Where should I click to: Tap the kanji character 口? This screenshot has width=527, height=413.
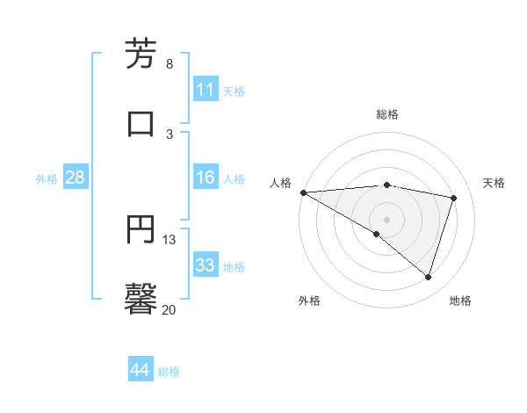[x=141, y=123]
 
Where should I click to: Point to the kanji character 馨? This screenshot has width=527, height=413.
[x=141, y=298]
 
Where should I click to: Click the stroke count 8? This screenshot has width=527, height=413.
[x=170, y=64]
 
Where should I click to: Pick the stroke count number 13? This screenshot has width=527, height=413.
[x=170, y=239]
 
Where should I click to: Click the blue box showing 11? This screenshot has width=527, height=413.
[x=206, y=90]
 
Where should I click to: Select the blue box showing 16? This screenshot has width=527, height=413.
[x=206, y=178]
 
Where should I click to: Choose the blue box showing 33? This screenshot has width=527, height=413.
[x=206, y=265]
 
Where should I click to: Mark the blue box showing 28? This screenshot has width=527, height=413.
[x=76, y=178]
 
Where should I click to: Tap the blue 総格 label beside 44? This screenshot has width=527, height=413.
[x=169, y=372]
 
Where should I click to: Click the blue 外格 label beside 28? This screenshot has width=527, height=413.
[x=47, y=178]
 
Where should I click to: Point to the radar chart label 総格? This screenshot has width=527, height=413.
[x=387, y=114]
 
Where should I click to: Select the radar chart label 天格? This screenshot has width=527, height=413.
[x=495, y=183]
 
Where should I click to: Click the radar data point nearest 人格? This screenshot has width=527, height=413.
[x=303, y=192]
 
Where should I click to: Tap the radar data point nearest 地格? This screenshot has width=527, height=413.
[x=429, y=277]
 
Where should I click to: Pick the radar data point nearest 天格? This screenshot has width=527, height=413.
[x=454, y=198]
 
